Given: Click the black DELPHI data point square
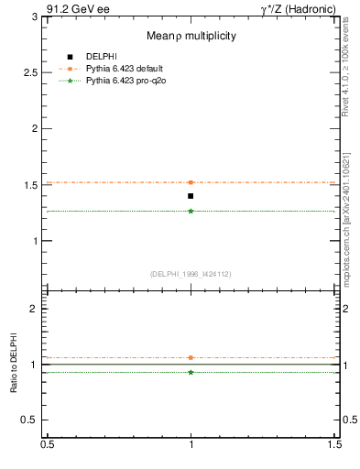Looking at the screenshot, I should point(191,196).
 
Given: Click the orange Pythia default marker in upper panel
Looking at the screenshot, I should point(191,182).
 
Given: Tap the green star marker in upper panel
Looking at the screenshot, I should point(191,211).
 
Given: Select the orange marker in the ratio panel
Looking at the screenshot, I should point(191,357).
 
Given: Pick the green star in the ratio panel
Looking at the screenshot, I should point(191,372).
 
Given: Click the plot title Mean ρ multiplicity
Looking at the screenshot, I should point(191,36).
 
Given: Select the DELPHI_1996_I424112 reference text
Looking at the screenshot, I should point(191,274).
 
